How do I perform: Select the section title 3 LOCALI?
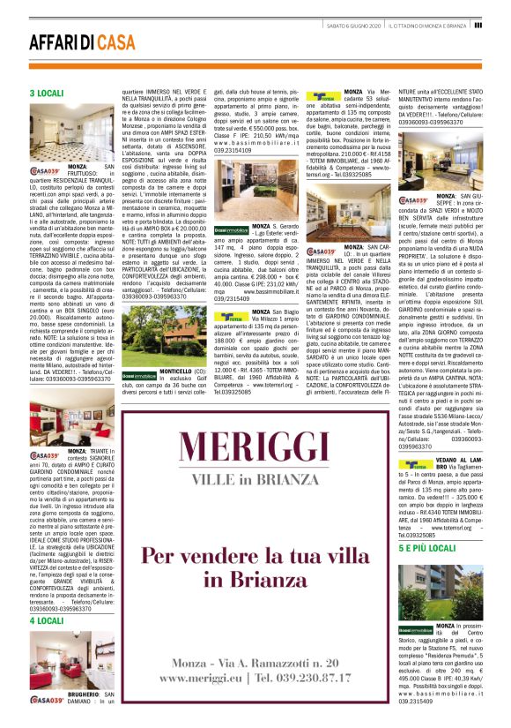[x=46, y=93]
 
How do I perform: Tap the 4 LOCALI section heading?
[x=46, y=620]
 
